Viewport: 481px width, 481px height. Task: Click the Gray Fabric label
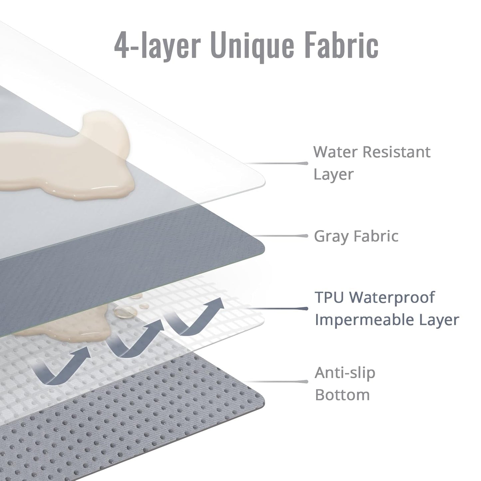[356, 236]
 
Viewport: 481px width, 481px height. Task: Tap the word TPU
[330, 297]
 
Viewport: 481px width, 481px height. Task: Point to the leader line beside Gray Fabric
[281, 236]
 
